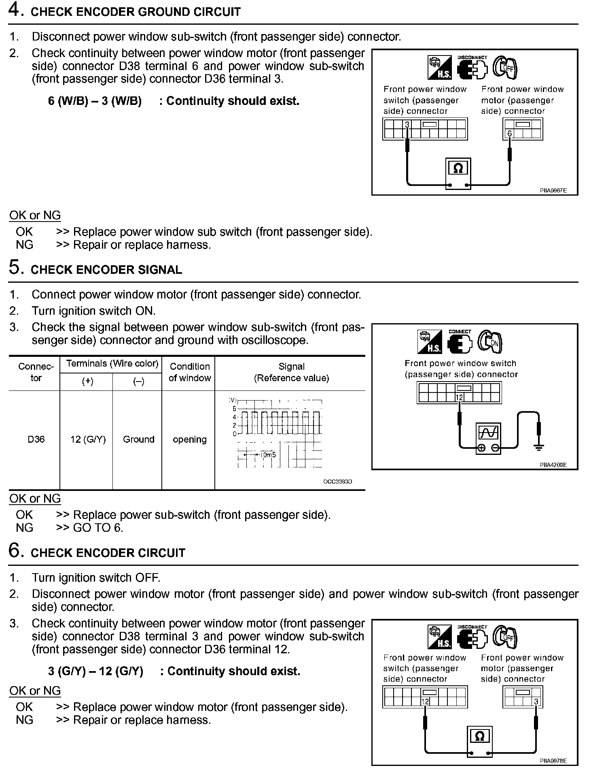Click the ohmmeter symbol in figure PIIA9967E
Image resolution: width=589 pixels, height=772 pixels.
tap(458, 168)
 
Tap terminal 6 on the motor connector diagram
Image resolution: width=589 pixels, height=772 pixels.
tap(509, 134)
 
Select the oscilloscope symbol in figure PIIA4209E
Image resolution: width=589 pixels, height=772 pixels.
tap(488, 434)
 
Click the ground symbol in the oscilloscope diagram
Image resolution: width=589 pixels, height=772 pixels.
tap(538, 447)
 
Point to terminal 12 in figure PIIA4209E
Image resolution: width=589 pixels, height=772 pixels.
tap(459, 397)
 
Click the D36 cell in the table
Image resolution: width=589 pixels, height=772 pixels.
tap(36, 439)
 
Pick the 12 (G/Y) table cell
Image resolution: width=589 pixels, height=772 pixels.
tap(88, 439)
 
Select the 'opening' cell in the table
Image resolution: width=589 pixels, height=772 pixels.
tap(189, 439)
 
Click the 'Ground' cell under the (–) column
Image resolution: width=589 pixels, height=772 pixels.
tap(138, 439)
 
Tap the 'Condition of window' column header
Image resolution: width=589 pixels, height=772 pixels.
tap(189, 372)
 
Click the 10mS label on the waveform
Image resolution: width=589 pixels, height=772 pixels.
tap(267, 455)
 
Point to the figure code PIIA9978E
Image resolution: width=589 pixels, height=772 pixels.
tap(553, 761)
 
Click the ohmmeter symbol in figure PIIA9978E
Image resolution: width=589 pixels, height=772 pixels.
tap(479, 737)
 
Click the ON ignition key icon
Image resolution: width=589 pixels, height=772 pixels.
tap(490, 342)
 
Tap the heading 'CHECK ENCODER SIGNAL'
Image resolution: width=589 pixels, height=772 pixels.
tap(106, 270)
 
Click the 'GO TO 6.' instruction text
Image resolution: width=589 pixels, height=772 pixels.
tap(98, 528)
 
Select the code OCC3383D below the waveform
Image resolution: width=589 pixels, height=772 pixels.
tap(337, 482)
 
